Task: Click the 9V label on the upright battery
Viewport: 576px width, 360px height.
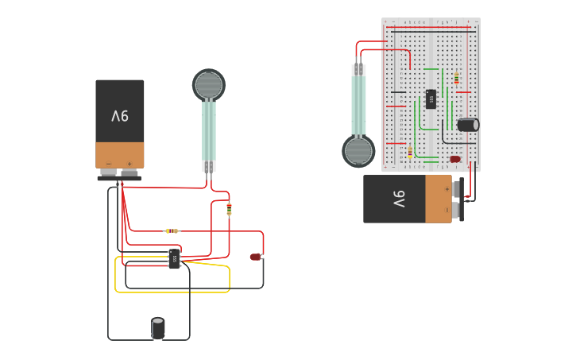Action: (x=119, y=116)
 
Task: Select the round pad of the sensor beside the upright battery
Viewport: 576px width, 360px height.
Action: (x=209, y=84)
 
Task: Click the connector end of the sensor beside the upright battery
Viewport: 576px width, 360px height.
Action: (x=209, y=166)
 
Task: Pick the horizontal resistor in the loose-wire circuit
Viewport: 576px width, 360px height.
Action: (x=172, y=230)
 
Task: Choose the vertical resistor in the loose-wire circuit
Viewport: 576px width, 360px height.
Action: (x=230, y=208)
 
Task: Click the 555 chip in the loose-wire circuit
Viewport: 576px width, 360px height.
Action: (x=175, y=258)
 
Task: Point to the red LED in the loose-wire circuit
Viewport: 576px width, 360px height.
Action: (x=255, y=256)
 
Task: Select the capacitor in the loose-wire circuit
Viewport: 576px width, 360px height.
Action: (x=158, y=327)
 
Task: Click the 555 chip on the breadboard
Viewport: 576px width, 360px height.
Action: (x=431, y=99)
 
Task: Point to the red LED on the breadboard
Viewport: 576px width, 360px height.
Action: (x=455, y=159)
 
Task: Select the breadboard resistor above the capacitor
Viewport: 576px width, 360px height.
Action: (x=456, y=78)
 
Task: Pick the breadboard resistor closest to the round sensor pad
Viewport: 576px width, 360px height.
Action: (x=410, y=152)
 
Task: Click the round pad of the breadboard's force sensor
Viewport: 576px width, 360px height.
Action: (x=358, y=151)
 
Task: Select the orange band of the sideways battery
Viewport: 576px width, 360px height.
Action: (x=438, y=199)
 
